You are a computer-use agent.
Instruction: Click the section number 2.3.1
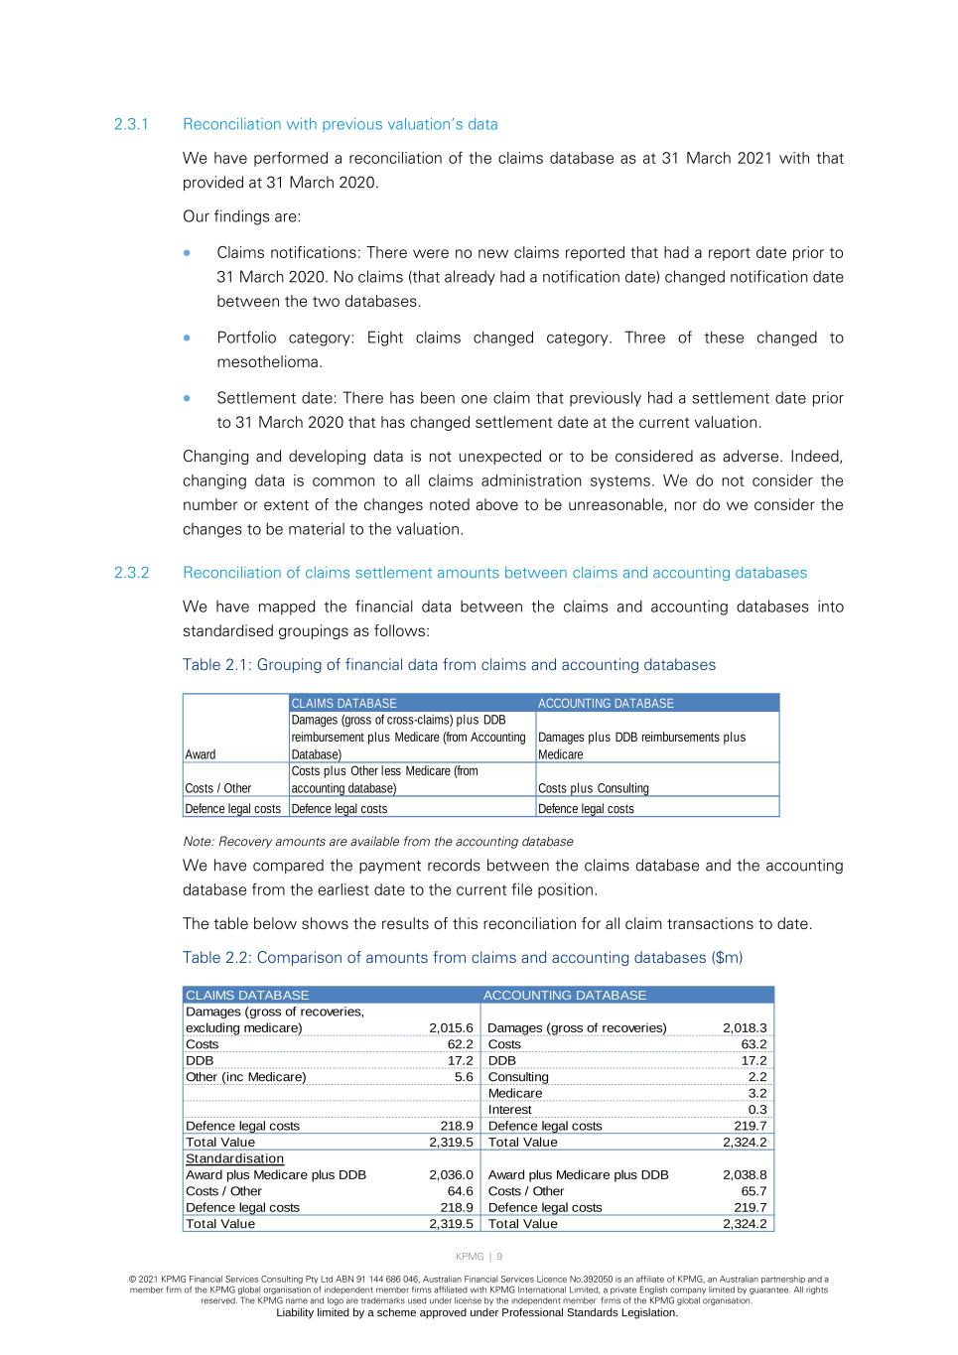(x=131, y=124)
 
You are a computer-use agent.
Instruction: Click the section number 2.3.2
(x=131, y=573)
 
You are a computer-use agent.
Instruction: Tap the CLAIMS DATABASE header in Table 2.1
(x=343, y=703)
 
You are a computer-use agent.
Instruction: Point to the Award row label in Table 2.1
(x=201, y=754)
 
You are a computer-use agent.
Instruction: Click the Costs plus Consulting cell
(x=594, y=788)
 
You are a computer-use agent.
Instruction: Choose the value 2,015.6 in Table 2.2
(x=451, y=1027)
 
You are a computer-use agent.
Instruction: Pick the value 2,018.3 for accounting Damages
(x=745, y=1027)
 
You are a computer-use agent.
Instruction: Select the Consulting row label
(x=518, y=1077)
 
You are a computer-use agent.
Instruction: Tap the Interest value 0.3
(x=756, y=1110)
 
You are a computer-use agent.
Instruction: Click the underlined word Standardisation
(x=234, y=1158)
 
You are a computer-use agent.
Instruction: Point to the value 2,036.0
(x=451, y=1175)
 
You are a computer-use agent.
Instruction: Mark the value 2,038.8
(x=745, y=1175)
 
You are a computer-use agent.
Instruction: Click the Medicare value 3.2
(x=756, y=1093)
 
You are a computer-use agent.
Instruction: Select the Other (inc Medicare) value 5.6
(x=464, y=1077)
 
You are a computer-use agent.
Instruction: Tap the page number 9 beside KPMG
(x=499, y=1257)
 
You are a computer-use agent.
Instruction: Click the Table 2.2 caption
(x=463, y=958)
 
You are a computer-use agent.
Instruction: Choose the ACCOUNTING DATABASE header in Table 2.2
(x=565, y=995)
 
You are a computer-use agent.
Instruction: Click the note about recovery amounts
(x=378, y=842)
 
